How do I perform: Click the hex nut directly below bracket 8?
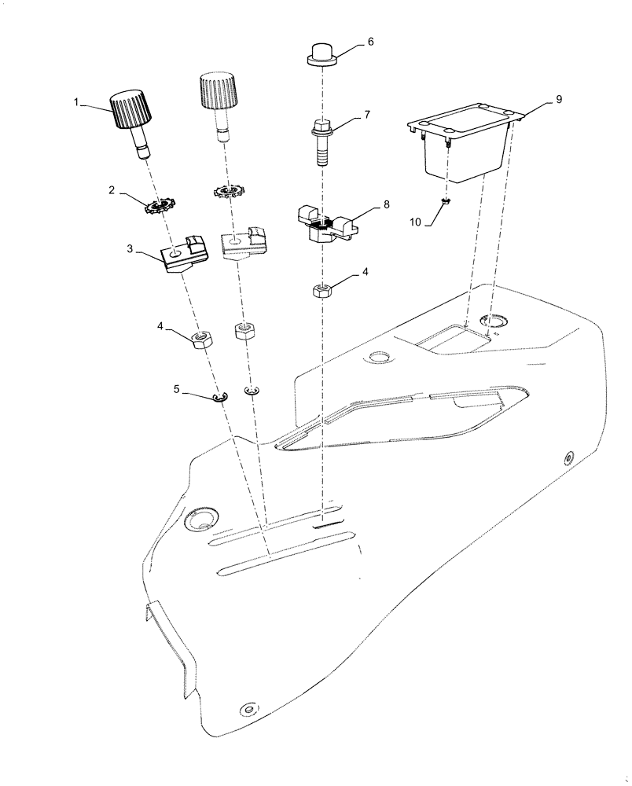click(321, 292)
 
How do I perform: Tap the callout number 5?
click(177, 388)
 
